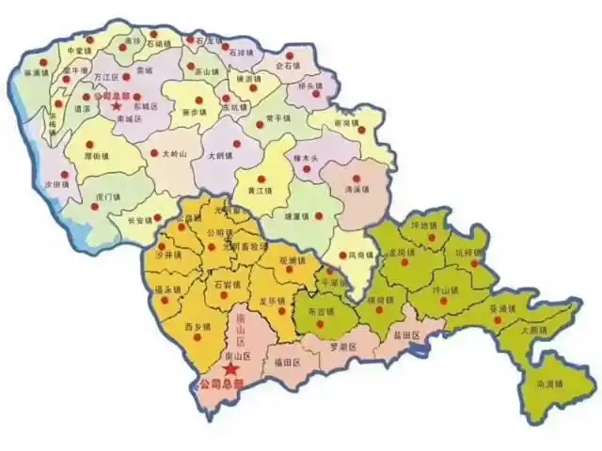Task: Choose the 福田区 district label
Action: point(286,361)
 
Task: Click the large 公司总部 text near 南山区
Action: point(218,385)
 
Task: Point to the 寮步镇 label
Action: point(193,111)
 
